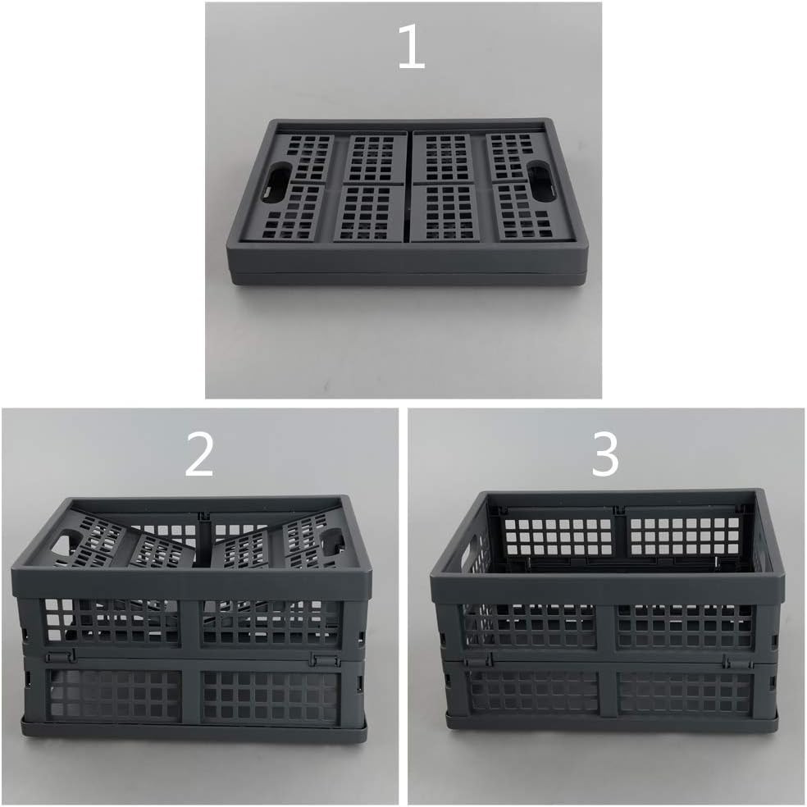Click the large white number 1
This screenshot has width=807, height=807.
(x=411, y=50)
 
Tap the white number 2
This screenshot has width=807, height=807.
(x=199, y=458)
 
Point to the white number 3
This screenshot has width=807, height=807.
(x=605, y=458)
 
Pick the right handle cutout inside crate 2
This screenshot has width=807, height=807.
(x=332, y=542)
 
